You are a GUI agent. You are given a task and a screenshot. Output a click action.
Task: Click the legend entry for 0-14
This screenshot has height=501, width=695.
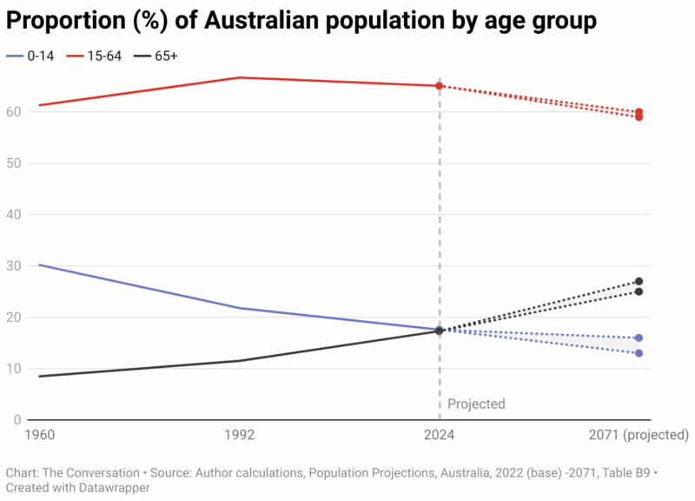[32, 56]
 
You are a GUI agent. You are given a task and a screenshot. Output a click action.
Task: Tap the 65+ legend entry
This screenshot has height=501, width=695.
[165, 56]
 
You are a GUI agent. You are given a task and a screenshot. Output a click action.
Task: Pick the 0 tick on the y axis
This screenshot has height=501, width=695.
[16, 419]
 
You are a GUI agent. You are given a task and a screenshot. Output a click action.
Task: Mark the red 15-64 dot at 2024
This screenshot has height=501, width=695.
[440, 86]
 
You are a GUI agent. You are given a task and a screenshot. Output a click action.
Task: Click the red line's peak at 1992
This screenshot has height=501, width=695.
[240, 77]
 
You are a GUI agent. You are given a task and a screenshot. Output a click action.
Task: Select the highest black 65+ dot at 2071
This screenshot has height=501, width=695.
[639, 281]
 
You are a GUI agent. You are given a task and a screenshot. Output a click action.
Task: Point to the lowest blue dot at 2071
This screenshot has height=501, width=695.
[639, 353]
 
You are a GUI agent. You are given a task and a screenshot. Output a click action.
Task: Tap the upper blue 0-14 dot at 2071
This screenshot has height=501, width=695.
[639, 337]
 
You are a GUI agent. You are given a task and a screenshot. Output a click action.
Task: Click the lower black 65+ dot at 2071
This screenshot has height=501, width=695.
[639, 291]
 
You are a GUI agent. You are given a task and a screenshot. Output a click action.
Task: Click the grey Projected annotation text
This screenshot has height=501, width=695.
[476, 404]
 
